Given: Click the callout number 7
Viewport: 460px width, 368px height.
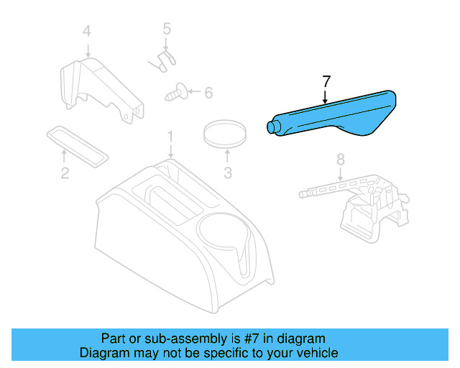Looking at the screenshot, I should coord(326,81).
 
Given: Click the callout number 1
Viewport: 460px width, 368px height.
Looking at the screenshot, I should coord(170,136).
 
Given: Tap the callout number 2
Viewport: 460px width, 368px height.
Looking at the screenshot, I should coord(64,172).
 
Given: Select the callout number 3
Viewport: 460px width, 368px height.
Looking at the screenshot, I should coord(228,172).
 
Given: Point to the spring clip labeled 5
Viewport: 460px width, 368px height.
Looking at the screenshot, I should coord(164,59).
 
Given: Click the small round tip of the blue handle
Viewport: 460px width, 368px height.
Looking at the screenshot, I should coord(272,127).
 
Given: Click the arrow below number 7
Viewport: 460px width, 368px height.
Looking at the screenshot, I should coord(326,96).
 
